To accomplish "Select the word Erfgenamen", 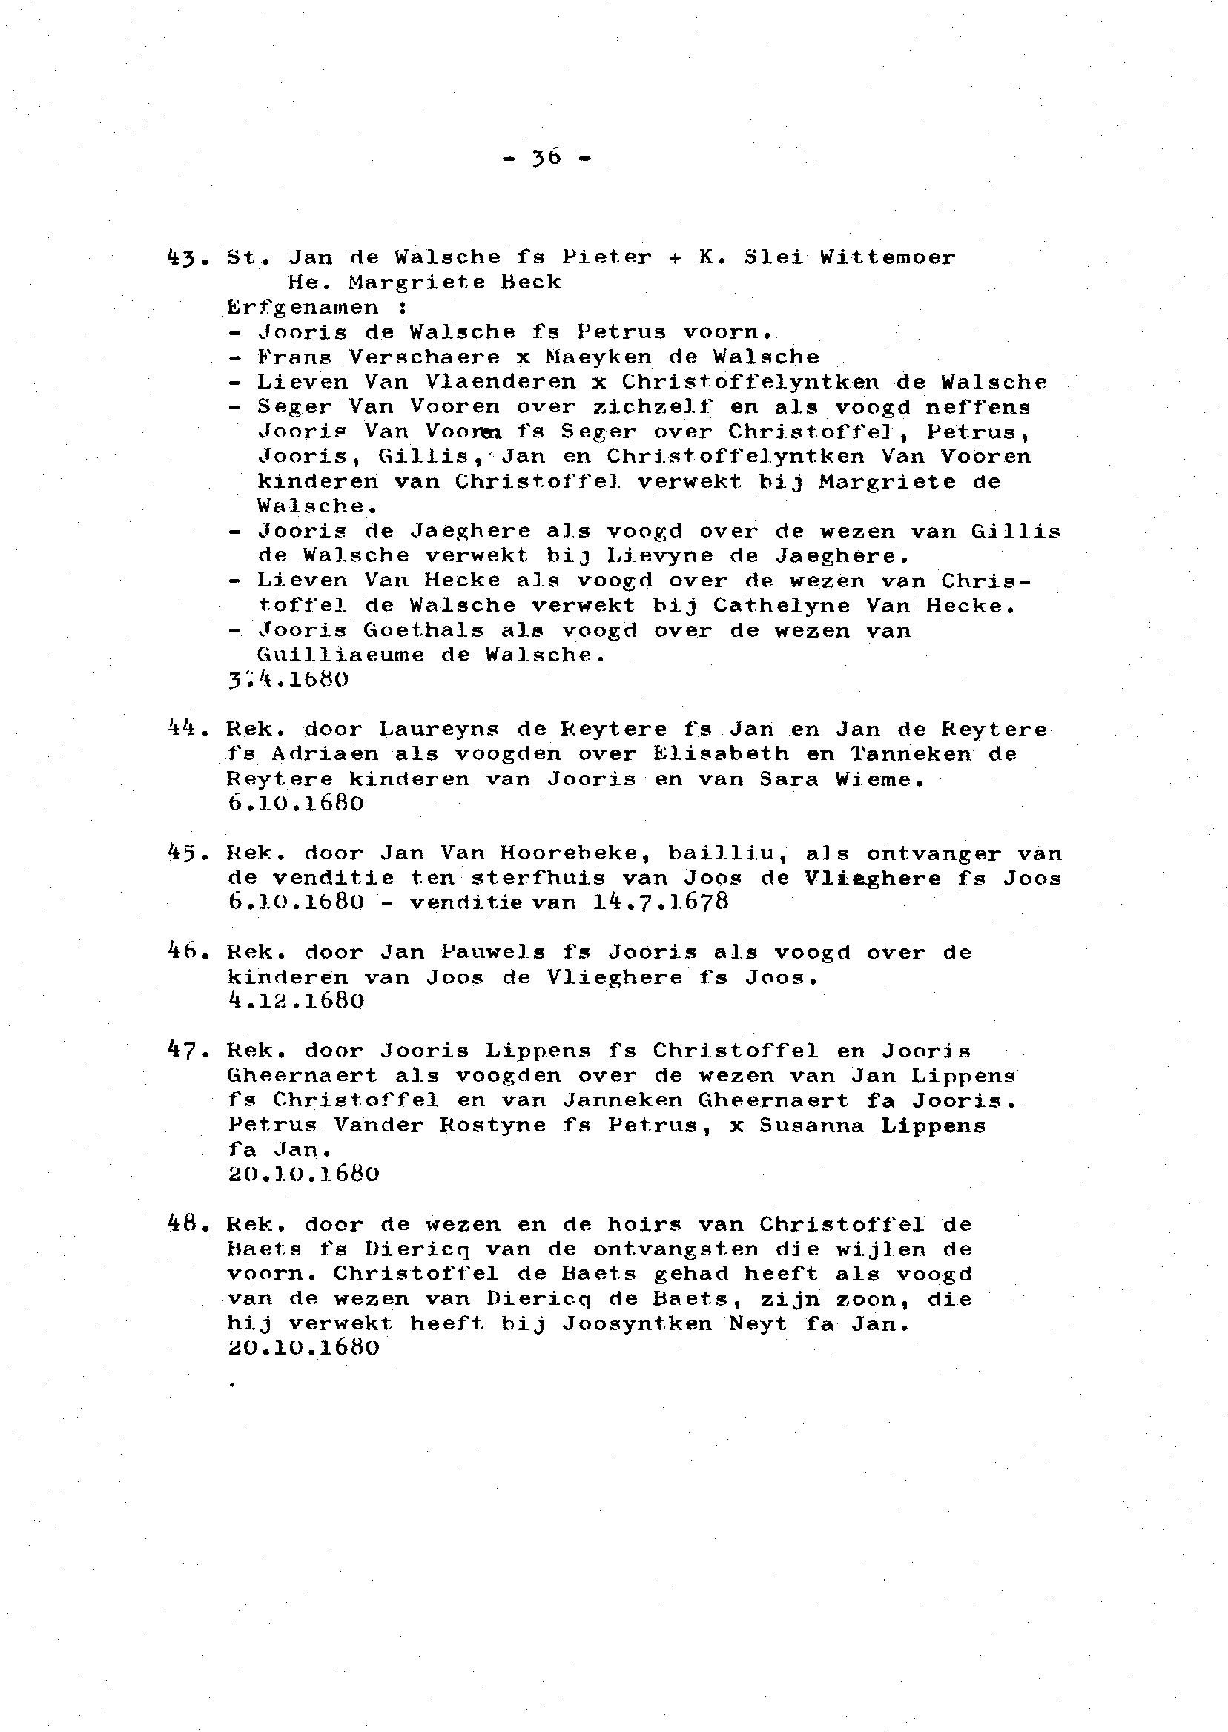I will pos(303,307).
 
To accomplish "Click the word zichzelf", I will pos(653,407).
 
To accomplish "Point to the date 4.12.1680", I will pos(296,1001).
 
